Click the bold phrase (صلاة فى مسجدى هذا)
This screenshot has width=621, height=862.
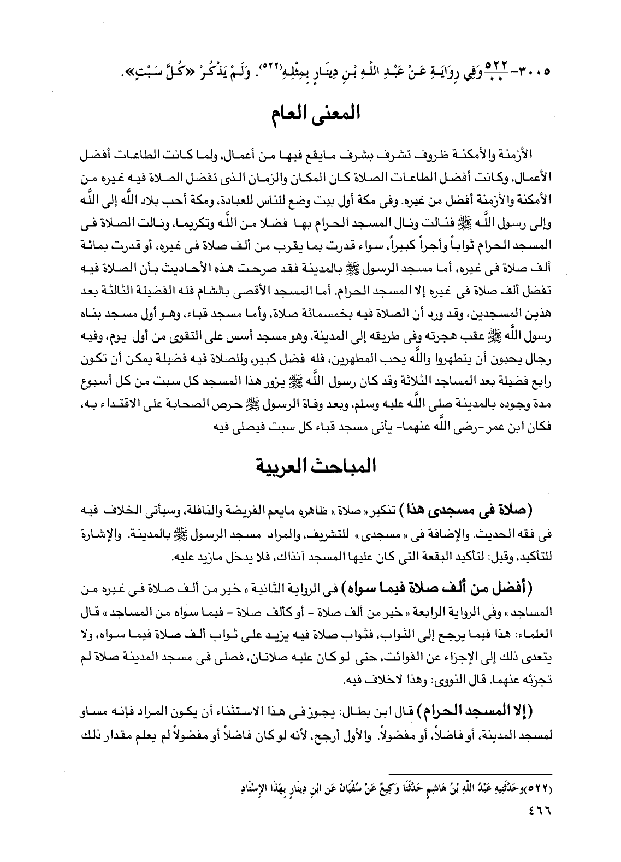click(x=472, y=511)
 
